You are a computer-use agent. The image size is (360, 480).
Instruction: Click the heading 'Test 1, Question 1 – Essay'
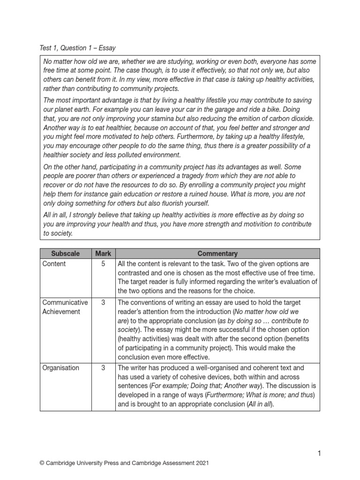[78, 48]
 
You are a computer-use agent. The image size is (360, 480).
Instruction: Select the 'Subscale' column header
[65, 254]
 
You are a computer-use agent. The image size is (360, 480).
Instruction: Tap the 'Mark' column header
[103, 254]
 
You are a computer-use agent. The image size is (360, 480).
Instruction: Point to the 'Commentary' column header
[217, 254]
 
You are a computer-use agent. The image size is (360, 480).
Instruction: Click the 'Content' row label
[54, 264]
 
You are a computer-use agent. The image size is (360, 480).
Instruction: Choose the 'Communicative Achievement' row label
[65, 307]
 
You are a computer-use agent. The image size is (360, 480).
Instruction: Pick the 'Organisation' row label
[60, 368]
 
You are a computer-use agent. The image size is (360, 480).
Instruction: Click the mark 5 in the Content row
[103, 264]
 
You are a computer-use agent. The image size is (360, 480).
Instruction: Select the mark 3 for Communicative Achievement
[103, 303]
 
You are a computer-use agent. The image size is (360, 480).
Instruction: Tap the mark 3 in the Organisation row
[103, 368]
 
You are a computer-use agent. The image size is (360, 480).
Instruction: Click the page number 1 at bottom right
[319, 453]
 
